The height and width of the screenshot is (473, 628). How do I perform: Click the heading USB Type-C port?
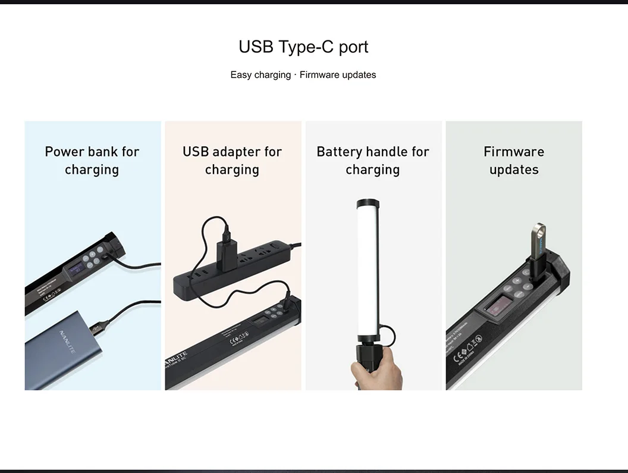click(x=303, y=47)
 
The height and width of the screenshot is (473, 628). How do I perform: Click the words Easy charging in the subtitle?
click(x=260, y=75)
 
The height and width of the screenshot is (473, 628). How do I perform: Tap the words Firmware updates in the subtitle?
click(x=338, y=75)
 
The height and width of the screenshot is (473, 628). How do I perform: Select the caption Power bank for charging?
click(x=92, y=161)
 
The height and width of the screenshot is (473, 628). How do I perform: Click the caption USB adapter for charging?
click(x=232, y=161)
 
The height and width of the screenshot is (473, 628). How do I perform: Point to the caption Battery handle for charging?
click(x=373, y=161)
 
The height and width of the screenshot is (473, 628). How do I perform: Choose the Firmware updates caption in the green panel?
click(x=514, y=161)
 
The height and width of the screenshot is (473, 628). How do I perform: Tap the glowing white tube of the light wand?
click(x=368, y=268)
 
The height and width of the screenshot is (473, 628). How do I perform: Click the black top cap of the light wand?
click(x=368, y=203)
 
